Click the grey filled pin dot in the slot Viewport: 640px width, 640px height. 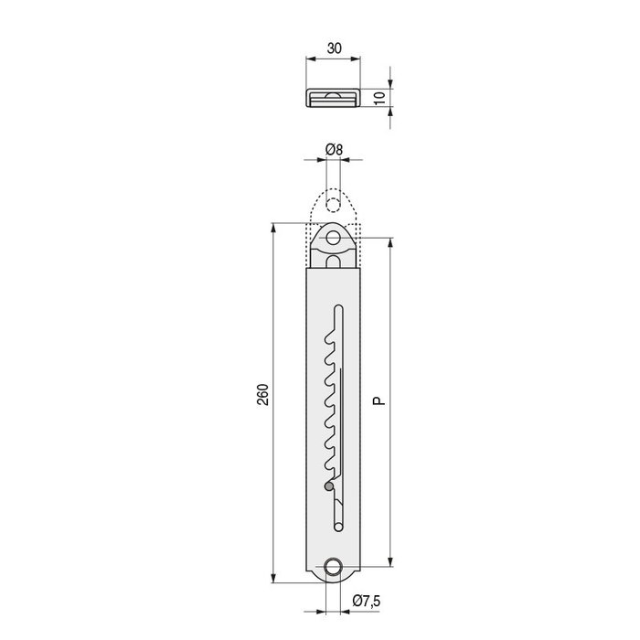point(329,486)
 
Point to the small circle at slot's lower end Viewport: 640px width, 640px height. point(338,526)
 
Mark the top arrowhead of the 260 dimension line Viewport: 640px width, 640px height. point(273,226)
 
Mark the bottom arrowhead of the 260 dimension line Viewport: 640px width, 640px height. point(273,579)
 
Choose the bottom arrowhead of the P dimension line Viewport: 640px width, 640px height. point(389,562)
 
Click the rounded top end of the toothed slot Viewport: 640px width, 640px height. point(338,307)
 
